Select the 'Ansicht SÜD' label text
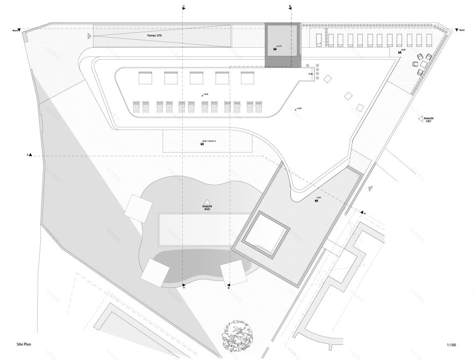click(206, 207)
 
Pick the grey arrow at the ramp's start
click(89, 36)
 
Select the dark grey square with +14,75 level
click(283, 46)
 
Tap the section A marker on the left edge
click(30, 155)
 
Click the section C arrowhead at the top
click(183, 7)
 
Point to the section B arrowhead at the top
click(289, 7)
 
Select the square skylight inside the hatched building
click(266, 233)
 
